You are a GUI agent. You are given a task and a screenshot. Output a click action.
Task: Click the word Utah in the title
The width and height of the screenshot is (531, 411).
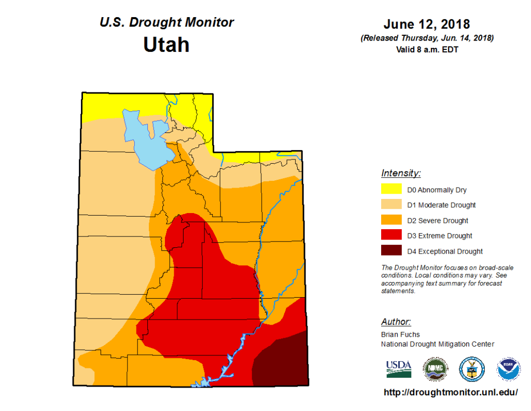tap(166, 45)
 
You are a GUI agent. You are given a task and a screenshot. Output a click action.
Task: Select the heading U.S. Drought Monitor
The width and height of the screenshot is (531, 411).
tap(166, 22)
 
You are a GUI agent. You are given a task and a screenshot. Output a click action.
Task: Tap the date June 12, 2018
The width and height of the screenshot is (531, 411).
tap(426, 24)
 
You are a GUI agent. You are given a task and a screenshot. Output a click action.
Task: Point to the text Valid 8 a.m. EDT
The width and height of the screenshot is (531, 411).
tap(426, 50)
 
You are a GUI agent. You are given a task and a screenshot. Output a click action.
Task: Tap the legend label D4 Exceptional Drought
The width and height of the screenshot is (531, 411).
tap(445, 251)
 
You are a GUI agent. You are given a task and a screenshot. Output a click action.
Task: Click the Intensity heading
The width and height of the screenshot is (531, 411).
tap(401, 173)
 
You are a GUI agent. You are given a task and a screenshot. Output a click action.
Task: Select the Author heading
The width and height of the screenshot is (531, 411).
tap(396, 322)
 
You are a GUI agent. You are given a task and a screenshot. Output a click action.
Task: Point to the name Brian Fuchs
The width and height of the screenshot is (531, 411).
tap(400, 335)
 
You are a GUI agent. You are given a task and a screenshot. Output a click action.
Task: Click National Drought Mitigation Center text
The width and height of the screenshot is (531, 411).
tap(438, 344)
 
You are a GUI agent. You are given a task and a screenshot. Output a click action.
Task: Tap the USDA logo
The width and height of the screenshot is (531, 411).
tap(398, 368)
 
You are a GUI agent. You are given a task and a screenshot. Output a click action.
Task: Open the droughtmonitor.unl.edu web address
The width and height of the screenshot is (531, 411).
tap(450, 393)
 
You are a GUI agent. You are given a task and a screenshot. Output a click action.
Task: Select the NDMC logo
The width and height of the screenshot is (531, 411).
tap(434, 368)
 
